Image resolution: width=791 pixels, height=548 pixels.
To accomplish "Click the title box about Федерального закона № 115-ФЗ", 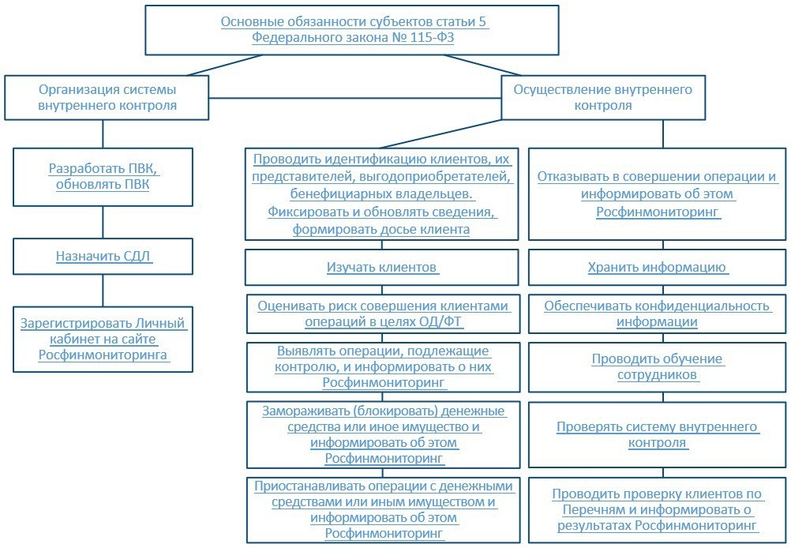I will click(352, 30).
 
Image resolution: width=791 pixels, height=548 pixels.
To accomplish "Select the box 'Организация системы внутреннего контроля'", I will click(107, 97).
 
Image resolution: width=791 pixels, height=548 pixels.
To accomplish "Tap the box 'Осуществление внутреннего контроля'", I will click(602, 97).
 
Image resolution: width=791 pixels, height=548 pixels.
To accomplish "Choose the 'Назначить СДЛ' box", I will click(103, 256).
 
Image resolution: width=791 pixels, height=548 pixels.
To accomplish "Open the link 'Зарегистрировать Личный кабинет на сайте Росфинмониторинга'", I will click(103, 340).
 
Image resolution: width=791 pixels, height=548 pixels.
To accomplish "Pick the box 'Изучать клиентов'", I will click(383, 268).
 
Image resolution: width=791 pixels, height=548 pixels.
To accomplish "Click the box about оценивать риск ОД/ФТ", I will click(383, 313).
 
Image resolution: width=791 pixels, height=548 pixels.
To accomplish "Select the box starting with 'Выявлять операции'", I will click(383, 366).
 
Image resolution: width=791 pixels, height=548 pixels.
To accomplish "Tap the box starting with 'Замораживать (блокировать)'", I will click(383, 434).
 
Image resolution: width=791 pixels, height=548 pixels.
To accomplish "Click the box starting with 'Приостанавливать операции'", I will click(383, 510).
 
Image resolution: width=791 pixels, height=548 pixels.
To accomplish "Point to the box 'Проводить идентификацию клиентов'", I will click(383, 194).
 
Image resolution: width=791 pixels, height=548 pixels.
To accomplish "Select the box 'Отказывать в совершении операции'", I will click(658, 194).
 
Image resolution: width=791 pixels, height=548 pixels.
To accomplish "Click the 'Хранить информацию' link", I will click(658, 268).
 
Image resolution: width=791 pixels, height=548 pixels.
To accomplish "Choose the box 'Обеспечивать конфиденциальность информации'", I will click(658, 313).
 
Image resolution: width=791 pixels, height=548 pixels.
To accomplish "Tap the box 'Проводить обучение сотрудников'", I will click(658, 366).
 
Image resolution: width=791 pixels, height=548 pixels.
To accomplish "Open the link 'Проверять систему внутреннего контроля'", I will click(658, 434).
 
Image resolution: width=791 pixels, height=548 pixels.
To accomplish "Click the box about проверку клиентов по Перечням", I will click(658, 510).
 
